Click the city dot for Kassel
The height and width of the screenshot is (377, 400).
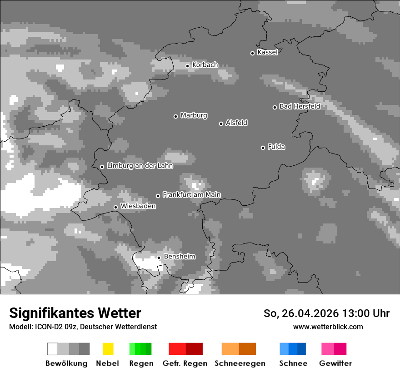point(252,53)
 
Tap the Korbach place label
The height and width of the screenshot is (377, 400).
point(205,65)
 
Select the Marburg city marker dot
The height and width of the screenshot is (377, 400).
point(175,116)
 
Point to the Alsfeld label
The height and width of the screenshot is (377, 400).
point(236,123)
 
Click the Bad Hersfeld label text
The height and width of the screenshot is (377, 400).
point(300,106)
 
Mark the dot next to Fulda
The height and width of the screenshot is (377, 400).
point(263,148)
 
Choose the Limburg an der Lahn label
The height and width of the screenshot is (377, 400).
point(140,166)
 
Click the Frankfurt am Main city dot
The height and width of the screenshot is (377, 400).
point(158,196)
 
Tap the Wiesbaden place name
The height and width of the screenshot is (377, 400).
point(138,206)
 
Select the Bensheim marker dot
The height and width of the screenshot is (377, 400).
point(159,258)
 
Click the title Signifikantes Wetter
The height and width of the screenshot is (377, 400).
point(75,313)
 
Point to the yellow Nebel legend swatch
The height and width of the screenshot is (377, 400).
point(108,349)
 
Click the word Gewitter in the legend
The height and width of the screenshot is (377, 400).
point(335,363)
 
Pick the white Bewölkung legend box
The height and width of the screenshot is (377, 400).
point(53,349)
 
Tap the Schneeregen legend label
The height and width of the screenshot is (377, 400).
point(240,363)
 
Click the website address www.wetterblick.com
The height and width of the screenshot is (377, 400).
point(328,327)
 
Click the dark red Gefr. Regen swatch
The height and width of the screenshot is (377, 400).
point(194,349)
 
